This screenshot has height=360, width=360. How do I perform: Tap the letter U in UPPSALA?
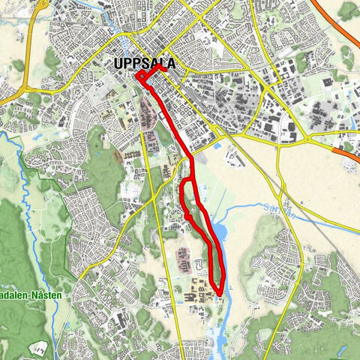click(117, 64)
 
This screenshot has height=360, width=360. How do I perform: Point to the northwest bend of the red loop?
click(183, 182)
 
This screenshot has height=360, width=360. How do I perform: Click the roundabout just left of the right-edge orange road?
click(307, 140)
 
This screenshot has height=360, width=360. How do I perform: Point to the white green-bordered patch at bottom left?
click(41, 347)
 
